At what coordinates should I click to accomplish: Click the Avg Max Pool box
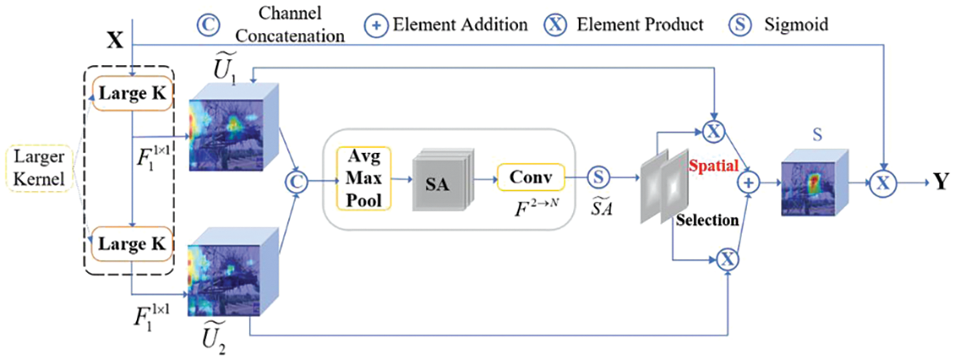pyautogui.click(x=363, y=178)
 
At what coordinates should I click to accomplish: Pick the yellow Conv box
pyautogui.click(x=530, y=177)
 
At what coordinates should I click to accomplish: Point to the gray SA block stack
pyautogui.click(x=439, y=184)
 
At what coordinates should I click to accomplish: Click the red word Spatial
pyautogui.click(x=712, y=165)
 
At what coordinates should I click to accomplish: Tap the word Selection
pyautogui.click(x=707, y=220)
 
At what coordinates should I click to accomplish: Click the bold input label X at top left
pyautogui.click(x=115, y=40)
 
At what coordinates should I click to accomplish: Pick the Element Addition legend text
pyautogui.click(x=460, y=24)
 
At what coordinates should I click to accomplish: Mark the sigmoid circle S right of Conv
pyautogui.click(x=599, y=177)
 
